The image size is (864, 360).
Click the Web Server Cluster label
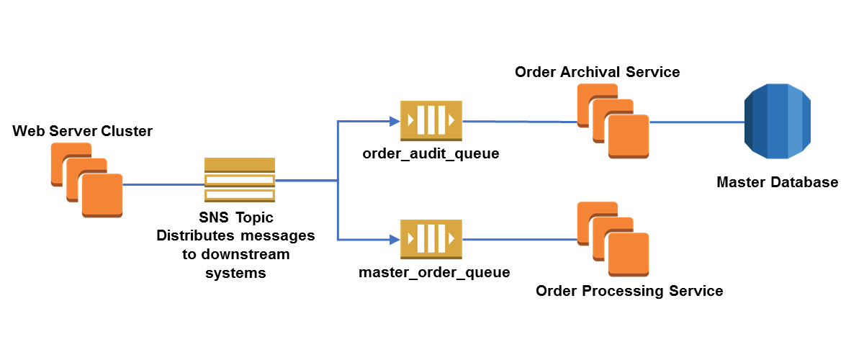coord(83,131)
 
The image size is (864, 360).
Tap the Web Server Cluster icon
coord(87,180)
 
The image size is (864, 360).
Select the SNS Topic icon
coord(240,181)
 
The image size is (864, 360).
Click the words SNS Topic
coord(236,217)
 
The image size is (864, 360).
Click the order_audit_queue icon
coord(431,121)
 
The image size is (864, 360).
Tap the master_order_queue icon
coord(431,240)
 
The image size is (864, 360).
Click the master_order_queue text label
coord(434,272)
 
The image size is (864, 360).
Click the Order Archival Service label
coord(598,72)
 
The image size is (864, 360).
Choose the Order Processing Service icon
coord(613,240)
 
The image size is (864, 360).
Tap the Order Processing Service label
coord(629,291)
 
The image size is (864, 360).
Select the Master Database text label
coord(778,182)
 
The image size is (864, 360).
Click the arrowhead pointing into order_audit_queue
coord(395,121)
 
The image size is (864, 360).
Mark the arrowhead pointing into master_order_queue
coord(395,240)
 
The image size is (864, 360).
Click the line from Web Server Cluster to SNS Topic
coord(163,185)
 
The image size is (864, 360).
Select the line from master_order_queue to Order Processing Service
coord(518,240)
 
